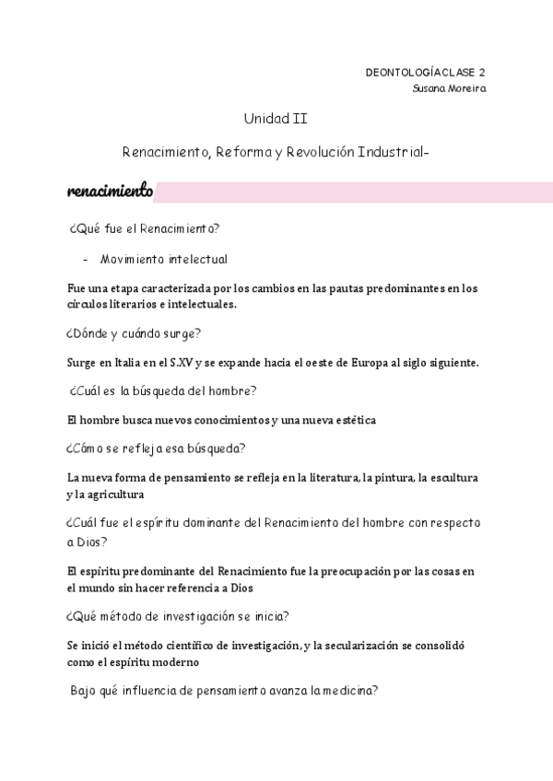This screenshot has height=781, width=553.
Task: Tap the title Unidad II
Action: pyautogui.click(x=269, y=119)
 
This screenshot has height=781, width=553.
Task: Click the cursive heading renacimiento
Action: pyautogui.click(x=110, y=192)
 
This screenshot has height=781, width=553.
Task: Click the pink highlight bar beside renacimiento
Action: pyautogui.click(x=354, y=192)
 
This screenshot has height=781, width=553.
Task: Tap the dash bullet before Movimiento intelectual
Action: pyautogui.click(x=86, y=259)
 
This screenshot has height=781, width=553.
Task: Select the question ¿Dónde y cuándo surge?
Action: pyautogui.click(x=134, y=333)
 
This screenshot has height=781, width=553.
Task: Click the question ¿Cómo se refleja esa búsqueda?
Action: pyautogui.click(x=155, y=449)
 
